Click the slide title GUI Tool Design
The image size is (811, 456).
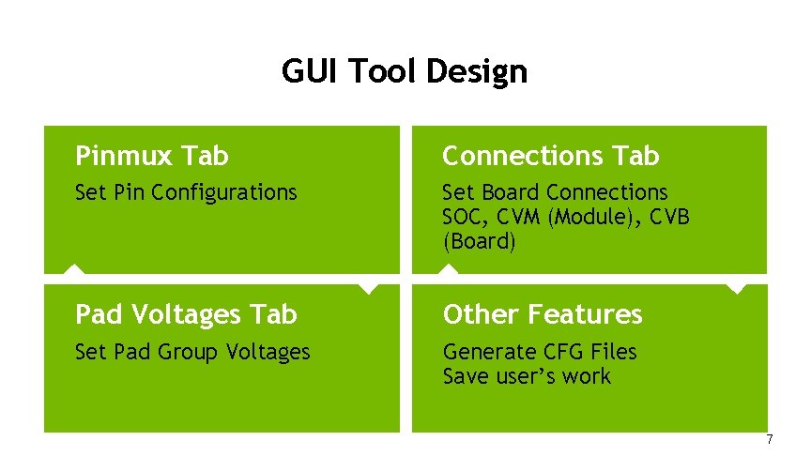[405, 71]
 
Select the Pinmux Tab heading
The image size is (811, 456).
[152, 155]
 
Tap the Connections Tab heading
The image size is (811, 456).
[551, 155]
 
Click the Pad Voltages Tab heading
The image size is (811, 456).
[186, 313]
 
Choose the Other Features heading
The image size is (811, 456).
[543, 313]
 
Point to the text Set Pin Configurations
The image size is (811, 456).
[186, 192]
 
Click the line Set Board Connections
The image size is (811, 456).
[555, 192]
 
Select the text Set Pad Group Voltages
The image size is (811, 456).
[192, 352]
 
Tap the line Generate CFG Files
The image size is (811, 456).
[540, 352]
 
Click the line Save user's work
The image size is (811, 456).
[527, 376]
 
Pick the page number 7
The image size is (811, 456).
[770, 439]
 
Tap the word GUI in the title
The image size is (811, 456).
[306, 71]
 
